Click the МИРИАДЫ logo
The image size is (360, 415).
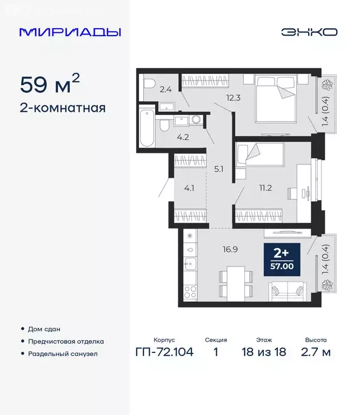pyautogui.click(x=70, y=32)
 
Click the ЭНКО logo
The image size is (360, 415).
pyautogui.click(x=309, y=32)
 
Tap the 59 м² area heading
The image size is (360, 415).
pyautogui.click(x=50, y=85)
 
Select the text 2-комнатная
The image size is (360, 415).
pyautogui.click(x=62, y=108)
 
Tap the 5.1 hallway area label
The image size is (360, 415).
pyautogui.click(x=219, y=169)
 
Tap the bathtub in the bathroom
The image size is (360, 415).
pyautogui.click(x=146, y=128)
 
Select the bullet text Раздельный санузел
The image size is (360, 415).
pyautogui.click(x=63, y=353)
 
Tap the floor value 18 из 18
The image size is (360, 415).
pyautogui.click(x=265, y=353)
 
